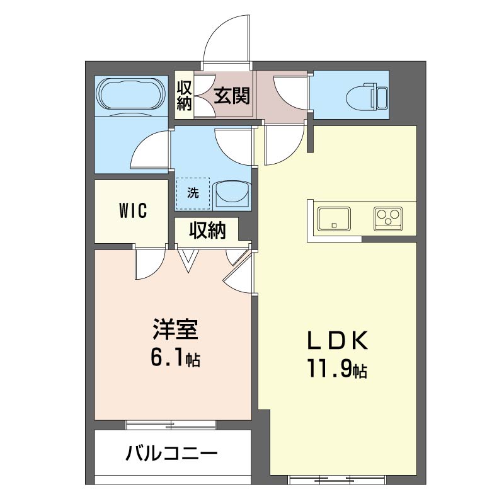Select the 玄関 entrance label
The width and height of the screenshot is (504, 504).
point(231,96)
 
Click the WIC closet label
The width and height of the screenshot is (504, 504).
point(132,211)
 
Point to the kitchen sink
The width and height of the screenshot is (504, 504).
point(332,219)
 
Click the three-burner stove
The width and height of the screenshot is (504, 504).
point(388,218)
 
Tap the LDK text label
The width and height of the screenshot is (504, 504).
point(336,341)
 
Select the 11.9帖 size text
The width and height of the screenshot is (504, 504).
point(336,369)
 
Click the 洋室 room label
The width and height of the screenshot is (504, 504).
point(175,330)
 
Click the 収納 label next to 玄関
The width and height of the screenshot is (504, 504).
point(184,96)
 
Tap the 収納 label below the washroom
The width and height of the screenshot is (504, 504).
point(207,231)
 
